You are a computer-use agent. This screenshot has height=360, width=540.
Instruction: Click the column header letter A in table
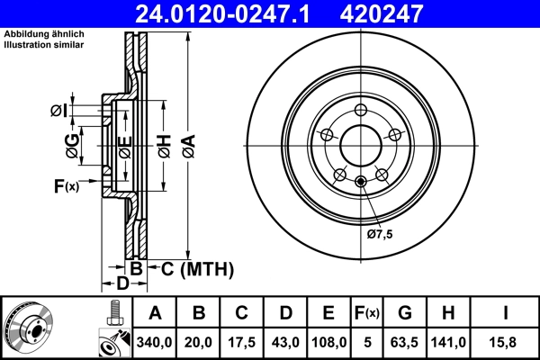(155, 313)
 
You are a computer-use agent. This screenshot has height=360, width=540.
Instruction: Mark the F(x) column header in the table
(366, 313)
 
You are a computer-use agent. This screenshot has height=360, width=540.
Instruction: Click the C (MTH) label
(191, 268)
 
